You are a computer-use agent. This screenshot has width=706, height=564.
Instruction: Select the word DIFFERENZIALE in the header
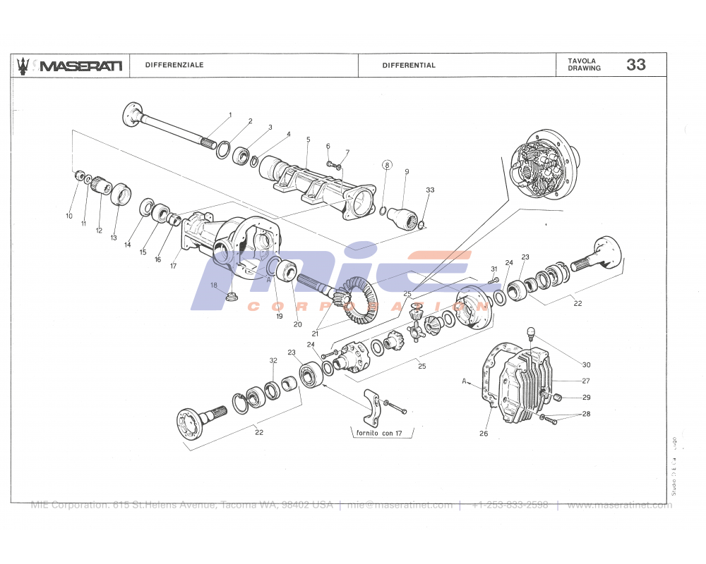pyautogui.click(x=174, y=65)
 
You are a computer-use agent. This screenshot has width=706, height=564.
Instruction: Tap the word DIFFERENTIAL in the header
pyautogui.click(x=409, y=65)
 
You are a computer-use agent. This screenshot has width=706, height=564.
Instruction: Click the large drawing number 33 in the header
pyautogui.click(x=635, y=65)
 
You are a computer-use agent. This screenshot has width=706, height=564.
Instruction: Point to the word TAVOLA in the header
pyautogui.click(x=582, y=61)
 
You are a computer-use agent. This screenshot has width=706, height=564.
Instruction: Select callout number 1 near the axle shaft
pyautogui.click(x=229, y=114)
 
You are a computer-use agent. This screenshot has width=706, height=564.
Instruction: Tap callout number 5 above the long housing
pyautogui.click(x=308, y=140)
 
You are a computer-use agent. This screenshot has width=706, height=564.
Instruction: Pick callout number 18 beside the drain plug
pyautogui.click(x=213, y=285)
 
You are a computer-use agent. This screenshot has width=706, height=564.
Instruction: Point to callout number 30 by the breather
pyautogui.click(x=586, y=364)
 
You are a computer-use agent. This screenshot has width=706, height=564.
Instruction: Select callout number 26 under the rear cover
pyautogui.click(x=484, y=433)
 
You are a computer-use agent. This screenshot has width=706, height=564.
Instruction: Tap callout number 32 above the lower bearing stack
pyautogui.click(x=273, y=360)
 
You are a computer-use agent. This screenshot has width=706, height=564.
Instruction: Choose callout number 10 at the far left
pyautogui.click(x=69, y=216)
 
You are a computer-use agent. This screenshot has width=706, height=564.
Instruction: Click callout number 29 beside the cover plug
pyautogui.click(x=586, y=398)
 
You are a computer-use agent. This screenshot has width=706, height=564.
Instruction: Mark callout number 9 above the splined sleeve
pyautogui.click(x=407, y=171)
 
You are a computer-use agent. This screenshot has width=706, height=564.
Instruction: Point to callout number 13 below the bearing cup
pyautogui.click(x=114, y=238)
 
